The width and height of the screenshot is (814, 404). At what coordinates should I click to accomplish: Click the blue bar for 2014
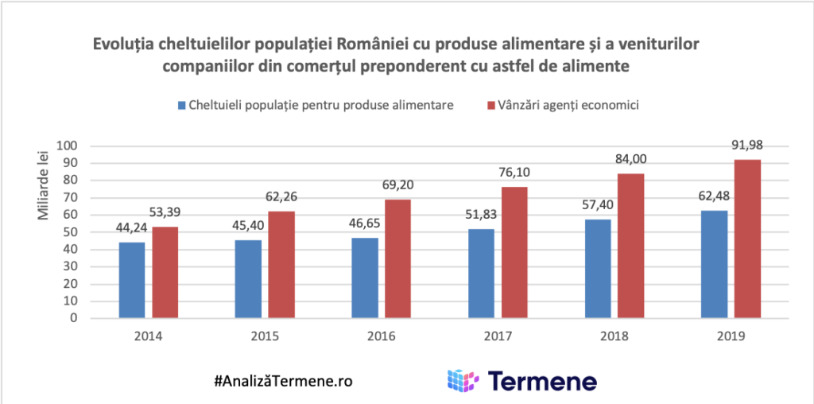click(132, 280)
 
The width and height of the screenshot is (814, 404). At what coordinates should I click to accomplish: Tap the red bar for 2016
click(397, 258)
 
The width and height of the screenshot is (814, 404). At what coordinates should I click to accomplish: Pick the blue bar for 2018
click(599, 269)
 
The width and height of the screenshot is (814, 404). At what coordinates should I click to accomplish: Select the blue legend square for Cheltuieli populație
click(181, 105)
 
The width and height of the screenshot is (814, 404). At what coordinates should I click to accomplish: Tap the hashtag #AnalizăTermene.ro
click(283, 380)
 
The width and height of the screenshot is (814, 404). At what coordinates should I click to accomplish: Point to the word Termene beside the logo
click(541, 380)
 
